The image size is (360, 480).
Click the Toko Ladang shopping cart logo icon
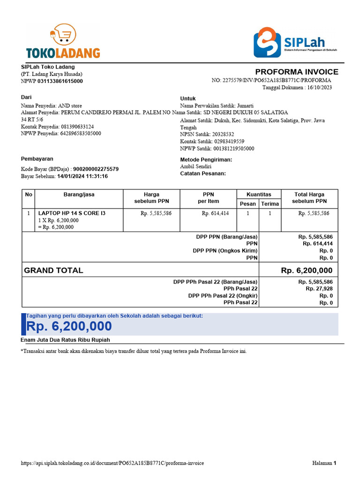tap(63, 35)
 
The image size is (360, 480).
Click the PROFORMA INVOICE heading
tap(296, 72)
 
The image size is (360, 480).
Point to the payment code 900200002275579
tap(96, 169)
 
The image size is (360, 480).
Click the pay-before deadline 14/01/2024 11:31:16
tap(82, 176)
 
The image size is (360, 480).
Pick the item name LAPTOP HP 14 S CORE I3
tap(72, 213)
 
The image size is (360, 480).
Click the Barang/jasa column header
tap(79, 195)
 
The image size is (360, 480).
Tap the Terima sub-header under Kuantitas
tap(270, 203)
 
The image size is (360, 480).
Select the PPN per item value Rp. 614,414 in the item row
tap(215, 213)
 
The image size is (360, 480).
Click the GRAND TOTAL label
tap(53, 270)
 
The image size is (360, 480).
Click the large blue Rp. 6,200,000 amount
tap(69, 326)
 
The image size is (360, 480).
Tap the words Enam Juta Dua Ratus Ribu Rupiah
tap(65, 340)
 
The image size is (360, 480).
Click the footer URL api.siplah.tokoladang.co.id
tap(112, 463)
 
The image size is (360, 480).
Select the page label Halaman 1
tap(324, 463)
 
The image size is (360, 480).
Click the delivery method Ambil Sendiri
tap(195, 166)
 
